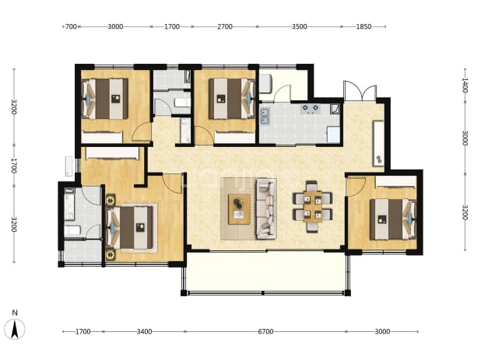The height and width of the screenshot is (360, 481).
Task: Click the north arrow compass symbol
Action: point(15,330)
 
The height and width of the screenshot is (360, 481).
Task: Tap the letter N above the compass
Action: point(15,313)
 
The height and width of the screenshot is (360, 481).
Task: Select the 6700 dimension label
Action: point(265,331)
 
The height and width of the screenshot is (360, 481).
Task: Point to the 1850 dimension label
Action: point(363,26)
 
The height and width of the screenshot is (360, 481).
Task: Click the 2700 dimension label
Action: point(225,26)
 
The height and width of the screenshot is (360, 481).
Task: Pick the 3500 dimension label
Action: point(299,26)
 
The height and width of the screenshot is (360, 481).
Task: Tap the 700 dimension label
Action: point(71,26)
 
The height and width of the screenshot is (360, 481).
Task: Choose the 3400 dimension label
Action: point(144,331)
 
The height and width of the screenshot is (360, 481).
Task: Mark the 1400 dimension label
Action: point(465,85)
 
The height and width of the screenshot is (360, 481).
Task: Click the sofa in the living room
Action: point(266,208)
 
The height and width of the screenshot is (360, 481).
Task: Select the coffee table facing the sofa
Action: point(239,209)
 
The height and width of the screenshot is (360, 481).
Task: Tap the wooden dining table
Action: point(313,207)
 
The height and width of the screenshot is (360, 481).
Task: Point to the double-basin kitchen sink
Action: point(265,117)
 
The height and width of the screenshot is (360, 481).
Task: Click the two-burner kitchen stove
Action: point(311,109)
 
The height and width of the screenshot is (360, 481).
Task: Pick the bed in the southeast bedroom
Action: point(393,219)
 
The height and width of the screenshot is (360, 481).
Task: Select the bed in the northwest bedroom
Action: point(104,99)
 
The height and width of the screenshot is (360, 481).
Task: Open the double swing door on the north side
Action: point(360,91)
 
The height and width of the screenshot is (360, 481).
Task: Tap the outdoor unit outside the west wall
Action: point(69,166)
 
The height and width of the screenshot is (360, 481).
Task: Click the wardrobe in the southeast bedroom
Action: point(395,181)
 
